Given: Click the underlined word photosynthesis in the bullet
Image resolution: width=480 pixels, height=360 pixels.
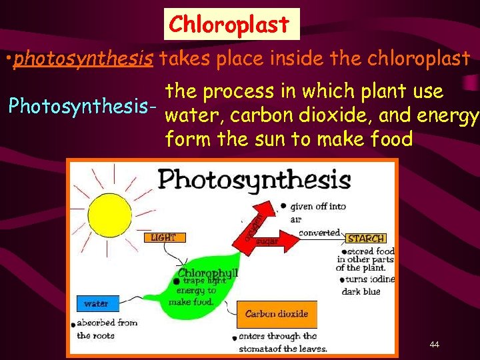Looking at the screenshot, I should [x=84, y=59].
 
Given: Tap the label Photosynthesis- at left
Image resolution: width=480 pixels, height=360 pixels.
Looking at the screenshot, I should [x=82, y=105].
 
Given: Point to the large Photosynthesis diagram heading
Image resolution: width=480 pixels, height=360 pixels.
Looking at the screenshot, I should [x=254, y=179].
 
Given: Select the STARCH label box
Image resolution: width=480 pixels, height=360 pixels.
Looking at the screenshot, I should [x=365, y=238].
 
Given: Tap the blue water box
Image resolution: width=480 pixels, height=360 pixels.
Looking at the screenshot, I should [x=97, y=303].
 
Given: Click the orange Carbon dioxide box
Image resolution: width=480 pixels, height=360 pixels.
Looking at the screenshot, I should [x=276, y=313].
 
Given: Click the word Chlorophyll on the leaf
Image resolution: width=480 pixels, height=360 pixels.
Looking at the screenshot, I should [x=207, y=273].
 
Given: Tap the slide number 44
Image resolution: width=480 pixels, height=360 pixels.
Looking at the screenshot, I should [x=435, y=344].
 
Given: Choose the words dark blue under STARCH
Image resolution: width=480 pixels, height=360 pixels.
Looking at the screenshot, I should [x=361, y=291].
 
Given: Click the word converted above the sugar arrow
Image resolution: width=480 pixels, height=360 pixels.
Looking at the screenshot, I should [x=319, y=233].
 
